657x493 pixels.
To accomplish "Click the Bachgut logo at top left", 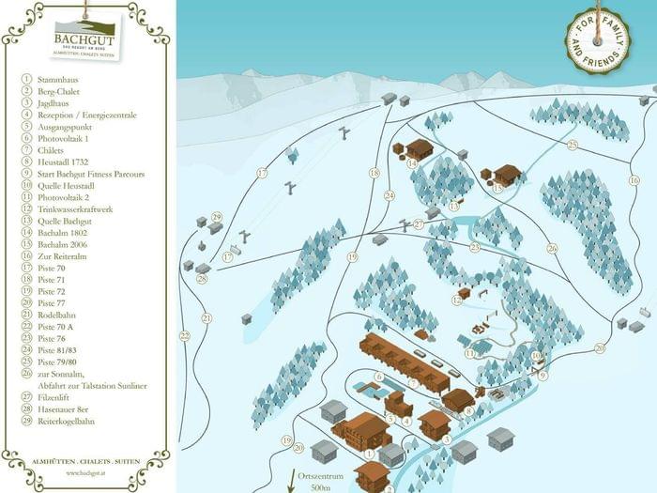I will tap(85, 39).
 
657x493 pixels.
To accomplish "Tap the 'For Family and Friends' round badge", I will tap(597, 41).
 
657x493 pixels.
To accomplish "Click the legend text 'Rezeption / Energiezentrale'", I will tap(85, 115).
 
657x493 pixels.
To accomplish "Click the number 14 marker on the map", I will tap(412, 162).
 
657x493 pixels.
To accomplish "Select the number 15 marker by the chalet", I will tap(497, 188).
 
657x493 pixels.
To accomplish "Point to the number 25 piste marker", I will tap(572, 145).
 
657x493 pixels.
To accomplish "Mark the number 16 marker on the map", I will tap(634, 178).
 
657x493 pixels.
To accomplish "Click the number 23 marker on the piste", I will tap(475, 247).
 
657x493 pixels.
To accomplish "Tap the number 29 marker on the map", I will tap(217, 216).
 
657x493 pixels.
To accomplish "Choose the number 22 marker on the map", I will tap(185, 335).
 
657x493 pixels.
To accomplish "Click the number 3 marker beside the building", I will tap(447, 439).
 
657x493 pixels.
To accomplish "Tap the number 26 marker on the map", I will tap(552, 248).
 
